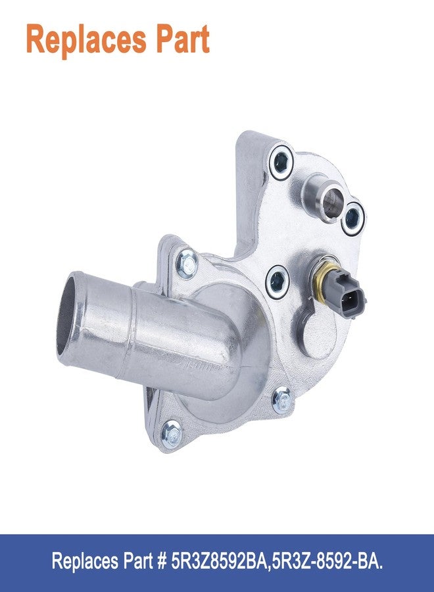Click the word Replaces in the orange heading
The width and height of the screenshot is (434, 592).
pyautogui.click(x=86, y=39)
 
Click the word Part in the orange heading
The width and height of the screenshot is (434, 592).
pyautogui.click(x=183, y=39)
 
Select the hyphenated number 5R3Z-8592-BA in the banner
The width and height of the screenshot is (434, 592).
pyautogui.click(x=325, y=561)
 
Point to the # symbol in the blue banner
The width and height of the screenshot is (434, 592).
pyautogui.click(x=162, y=561)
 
